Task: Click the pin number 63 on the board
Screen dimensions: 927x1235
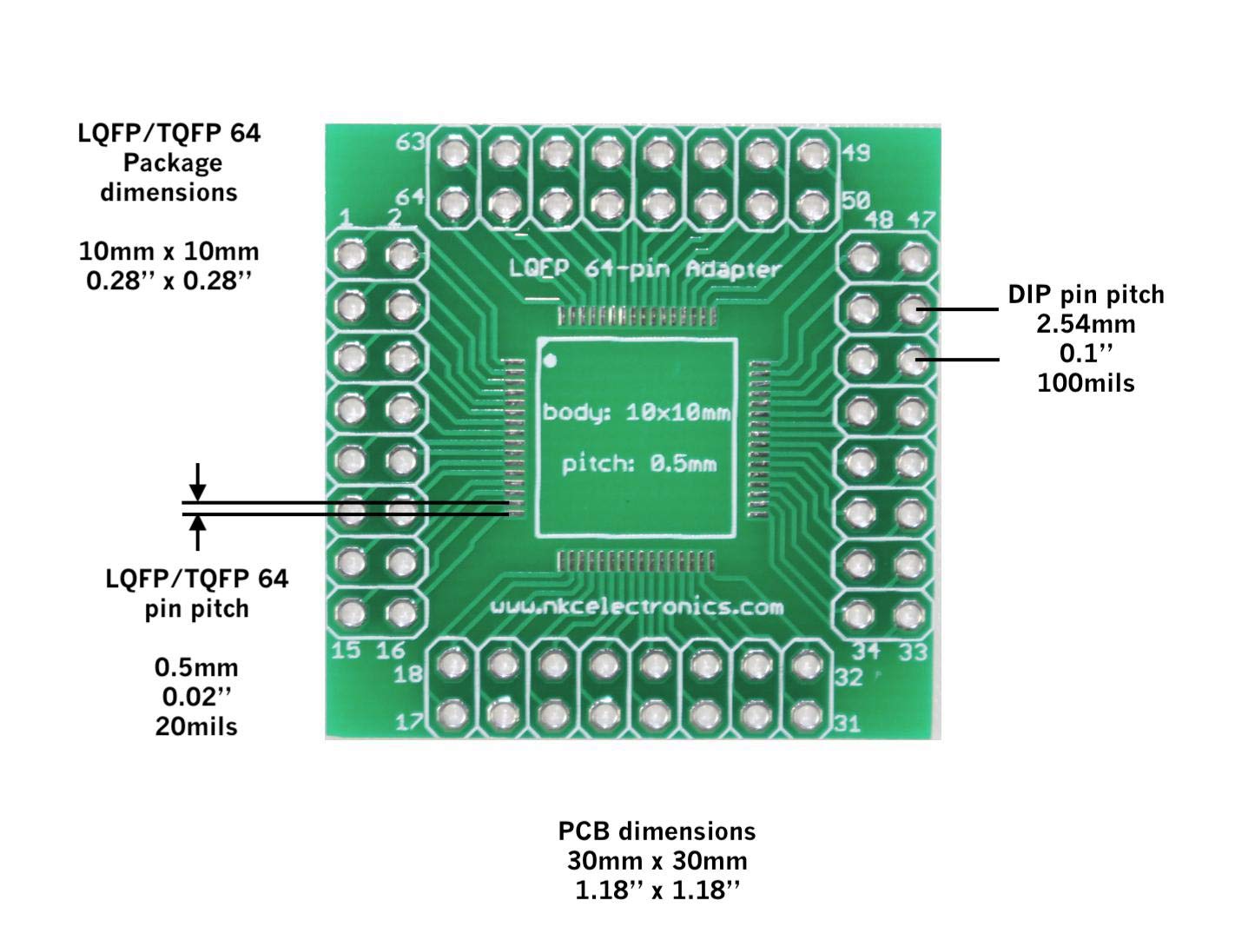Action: coord(411,142)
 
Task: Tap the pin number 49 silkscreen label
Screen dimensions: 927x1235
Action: coord(855,153)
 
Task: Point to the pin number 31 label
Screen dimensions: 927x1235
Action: coord(849,723)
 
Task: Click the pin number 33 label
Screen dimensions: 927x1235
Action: coord(912,652)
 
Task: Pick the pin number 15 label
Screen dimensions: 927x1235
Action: coord(346,650)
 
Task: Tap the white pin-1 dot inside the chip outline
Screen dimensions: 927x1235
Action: coord(549,358)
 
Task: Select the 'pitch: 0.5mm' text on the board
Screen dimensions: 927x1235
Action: coord(639,463)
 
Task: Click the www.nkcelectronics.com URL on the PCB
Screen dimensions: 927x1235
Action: coord(637,606)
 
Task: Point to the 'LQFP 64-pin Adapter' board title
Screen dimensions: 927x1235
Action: coord(644,268)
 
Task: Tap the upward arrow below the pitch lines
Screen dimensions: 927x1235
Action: coord(198,533)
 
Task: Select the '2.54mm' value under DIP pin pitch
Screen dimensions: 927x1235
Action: coord(1086,324)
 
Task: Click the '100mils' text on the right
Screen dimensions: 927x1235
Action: coord(1086,383)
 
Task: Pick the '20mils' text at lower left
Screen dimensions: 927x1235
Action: coord(196,726)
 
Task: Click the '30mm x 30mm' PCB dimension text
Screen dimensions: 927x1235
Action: coord(657,861)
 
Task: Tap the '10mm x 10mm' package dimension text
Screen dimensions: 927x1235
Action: coord(169,252)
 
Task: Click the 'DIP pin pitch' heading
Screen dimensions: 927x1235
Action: coord(1086,295)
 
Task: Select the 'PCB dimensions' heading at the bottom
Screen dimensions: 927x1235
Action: coord(657,831)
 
